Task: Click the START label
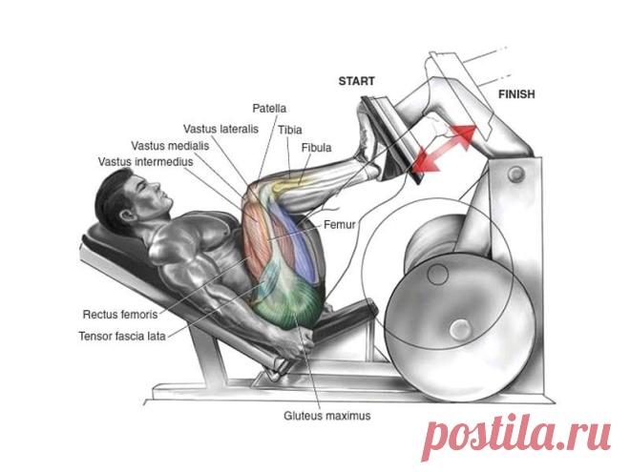pos(356,81)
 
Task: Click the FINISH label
pos(516,94)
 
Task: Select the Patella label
pos(269,109)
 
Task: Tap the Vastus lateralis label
pos(220,130)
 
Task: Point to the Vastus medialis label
pos(170,146)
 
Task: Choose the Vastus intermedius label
pos(145,162)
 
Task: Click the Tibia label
pos(289,130)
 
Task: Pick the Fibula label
pos(316,148)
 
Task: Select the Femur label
pos(339,224)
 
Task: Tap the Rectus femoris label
pos(120,315)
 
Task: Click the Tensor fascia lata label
pos(122,336)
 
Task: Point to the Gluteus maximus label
pos(327,416)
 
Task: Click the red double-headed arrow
pos(443,149)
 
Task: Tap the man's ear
pos(128,215)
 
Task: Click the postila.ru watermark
pos(516,436)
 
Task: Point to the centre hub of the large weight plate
pos(460,329)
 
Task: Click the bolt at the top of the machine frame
pos(515,174)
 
